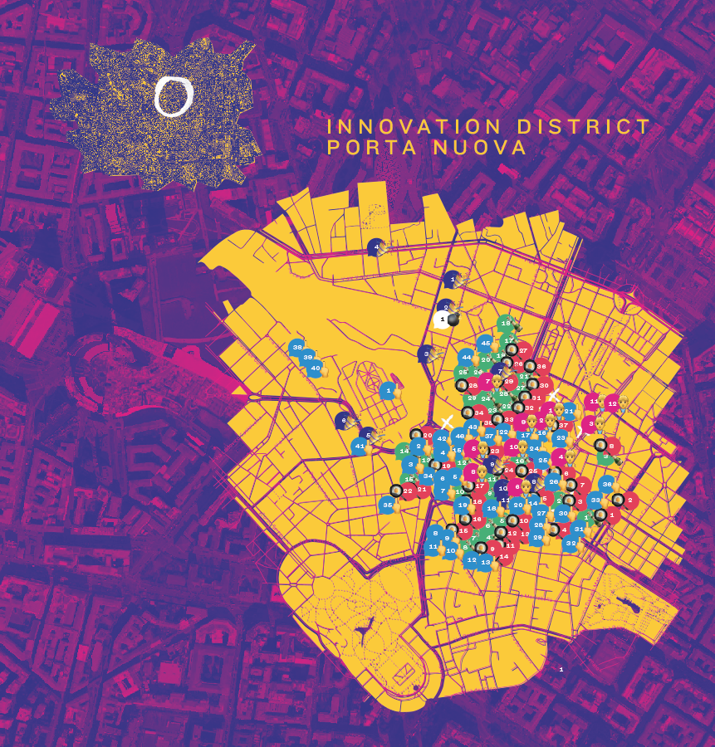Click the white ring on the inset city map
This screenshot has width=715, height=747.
pos(174,96)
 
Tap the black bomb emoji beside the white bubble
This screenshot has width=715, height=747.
pos(454,318)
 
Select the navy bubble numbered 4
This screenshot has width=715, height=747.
pos(377,247)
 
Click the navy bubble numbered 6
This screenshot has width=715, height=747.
pos(344,421)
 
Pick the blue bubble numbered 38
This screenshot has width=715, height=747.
pos(297,348)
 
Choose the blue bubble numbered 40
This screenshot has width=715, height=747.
pos(315,368)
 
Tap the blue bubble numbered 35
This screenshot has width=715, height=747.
pos(387,505)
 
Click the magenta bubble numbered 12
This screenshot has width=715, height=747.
pos(612,404)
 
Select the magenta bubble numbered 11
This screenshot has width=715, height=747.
pos(592,401)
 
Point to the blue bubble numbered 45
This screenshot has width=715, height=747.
pos(486,344)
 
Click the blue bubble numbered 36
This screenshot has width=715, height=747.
pos(607,485)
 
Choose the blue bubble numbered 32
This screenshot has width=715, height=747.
pos(570,544)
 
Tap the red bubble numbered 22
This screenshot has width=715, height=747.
pos(408,491)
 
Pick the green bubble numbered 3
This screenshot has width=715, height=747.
pos(606,456)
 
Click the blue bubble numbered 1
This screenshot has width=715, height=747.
pos(388,389)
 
